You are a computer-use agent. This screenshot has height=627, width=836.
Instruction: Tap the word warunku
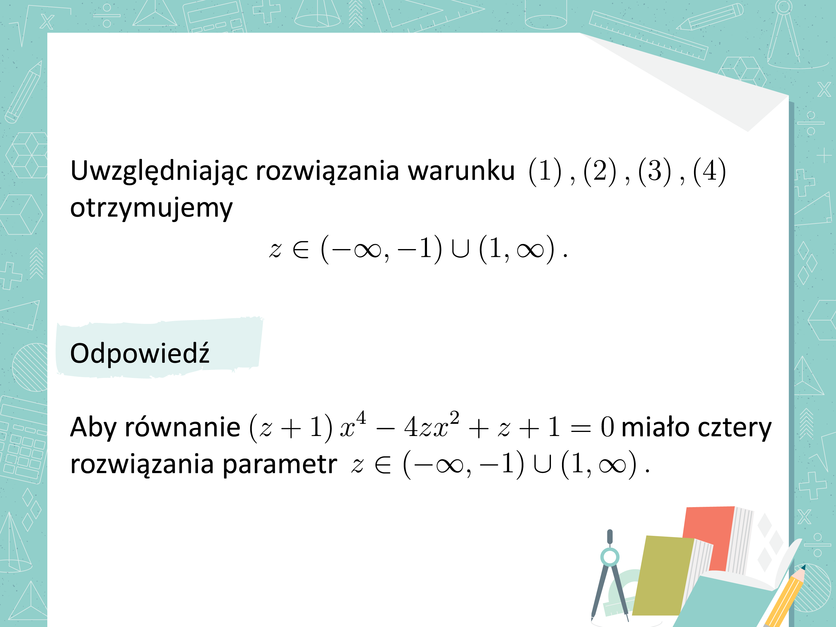click(461, 171)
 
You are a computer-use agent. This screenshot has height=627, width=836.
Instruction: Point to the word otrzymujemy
click(151, 209)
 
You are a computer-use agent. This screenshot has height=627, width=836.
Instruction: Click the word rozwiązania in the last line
click(142, 465)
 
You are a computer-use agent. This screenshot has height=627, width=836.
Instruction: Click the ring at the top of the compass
click(610, 557)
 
